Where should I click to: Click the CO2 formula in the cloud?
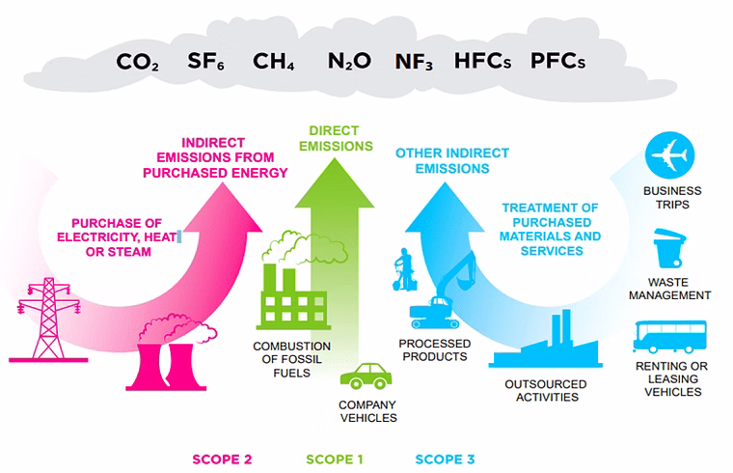[x=137, y=62]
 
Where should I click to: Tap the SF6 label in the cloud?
[x=205, y=61]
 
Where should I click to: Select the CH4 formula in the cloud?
[x=274, y=61]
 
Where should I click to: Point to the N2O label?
[x=349, y=61]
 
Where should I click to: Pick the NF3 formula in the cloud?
[x=414, y=62]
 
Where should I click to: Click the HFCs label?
[x=482, y=61]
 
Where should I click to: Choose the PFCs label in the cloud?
[x=557, y=61]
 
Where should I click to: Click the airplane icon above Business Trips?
[x=669, y=155]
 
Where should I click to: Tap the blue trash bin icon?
[x=669, y=248]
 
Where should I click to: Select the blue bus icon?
[x=670, y=337]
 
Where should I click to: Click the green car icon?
[x=366, y=376]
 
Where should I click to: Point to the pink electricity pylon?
[x=48, y=320]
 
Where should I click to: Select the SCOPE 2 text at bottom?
[x=222, y=459]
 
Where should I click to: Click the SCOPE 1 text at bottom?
[x=335, y=459]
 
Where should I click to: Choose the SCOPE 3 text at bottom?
[x=445, y=459]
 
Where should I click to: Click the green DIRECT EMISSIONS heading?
[x=336, y=138]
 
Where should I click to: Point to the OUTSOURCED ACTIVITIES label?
[x=546, y=391]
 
